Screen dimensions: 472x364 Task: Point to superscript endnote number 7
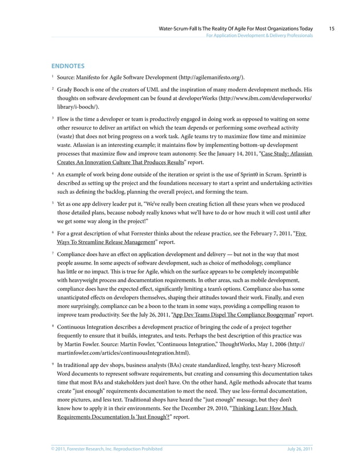coord(52,251)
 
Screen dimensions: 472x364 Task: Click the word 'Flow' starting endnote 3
coord(64,119)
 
